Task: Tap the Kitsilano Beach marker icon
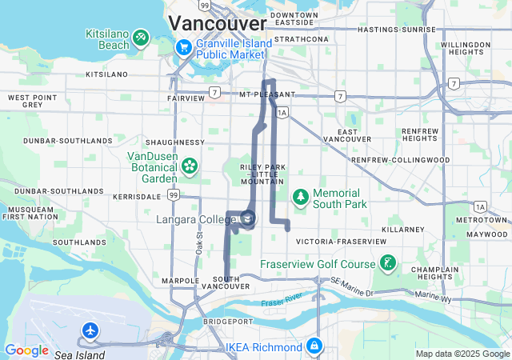[x=141, y=36]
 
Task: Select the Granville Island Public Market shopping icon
[x=183, y=47]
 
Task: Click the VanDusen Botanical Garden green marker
[x=190, y=166]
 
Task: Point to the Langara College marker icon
[x=249, y=218]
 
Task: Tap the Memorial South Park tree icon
[x=300, y=195]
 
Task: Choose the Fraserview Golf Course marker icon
[x=387, y=264]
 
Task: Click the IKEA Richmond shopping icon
[x=314, y=346]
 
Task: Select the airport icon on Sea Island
[x=91, y=330]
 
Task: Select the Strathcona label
[x=301, y=38]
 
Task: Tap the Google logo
[x=27, y=350]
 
